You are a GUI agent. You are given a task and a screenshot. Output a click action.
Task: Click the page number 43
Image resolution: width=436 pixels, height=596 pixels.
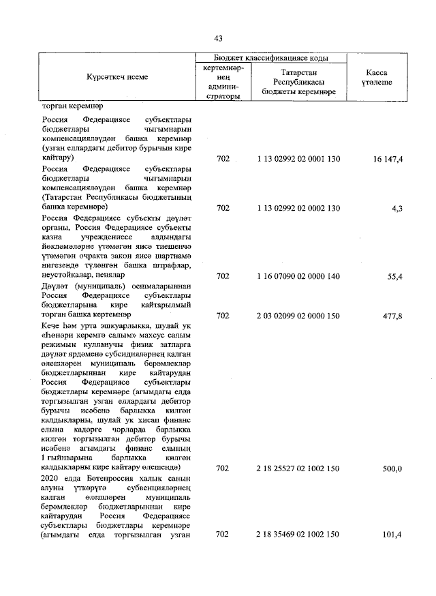coord(218,38)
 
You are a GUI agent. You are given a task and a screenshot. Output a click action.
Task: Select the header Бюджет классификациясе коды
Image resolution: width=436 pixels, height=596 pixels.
coord(270,59)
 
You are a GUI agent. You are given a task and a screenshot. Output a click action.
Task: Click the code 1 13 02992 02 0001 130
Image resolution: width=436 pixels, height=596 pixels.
coord(298,159)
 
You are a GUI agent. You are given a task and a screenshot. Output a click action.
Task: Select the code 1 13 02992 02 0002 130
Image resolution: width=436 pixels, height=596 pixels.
coord(298,208)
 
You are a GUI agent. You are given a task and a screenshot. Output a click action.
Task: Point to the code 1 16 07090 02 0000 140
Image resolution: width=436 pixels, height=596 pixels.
coord(298,276)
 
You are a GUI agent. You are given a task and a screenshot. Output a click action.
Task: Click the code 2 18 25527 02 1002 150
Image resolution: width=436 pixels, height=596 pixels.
coord(298,468)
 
